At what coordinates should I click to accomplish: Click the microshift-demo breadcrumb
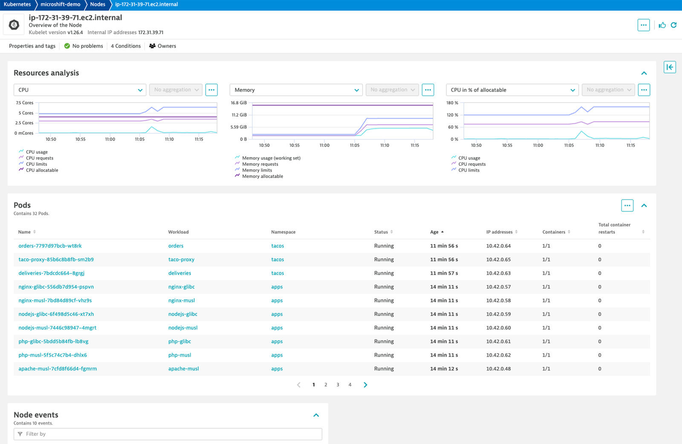60,4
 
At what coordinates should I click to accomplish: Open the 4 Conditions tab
126,46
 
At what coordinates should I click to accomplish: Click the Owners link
162,46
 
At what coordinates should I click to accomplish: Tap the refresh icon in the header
673,25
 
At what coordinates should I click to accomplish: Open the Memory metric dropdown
296,90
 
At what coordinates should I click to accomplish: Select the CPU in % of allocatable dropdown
512,90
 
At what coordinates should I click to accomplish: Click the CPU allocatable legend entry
42,170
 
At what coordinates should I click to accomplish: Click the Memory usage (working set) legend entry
271,158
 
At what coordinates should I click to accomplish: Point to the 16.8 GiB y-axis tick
239,103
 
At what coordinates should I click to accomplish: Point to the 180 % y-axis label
452,103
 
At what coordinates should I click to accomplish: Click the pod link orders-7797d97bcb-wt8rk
50,246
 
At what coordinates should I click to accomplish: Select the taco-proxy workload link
181,259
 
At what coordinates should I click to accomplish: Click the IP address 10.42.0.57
498,287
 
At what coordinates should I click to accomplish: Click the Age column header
434,232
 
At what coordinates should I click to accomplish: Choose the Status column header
381,232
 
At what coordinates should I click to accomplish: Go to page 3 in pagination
338,385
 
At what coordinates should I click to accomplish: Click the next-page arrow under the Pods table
365,385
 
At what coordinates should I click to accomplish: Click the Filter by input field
170,434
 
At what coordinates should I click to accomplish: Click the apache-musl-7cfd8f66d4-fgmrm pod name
58,369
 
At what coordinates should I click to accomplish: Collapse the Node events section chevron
316,415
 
